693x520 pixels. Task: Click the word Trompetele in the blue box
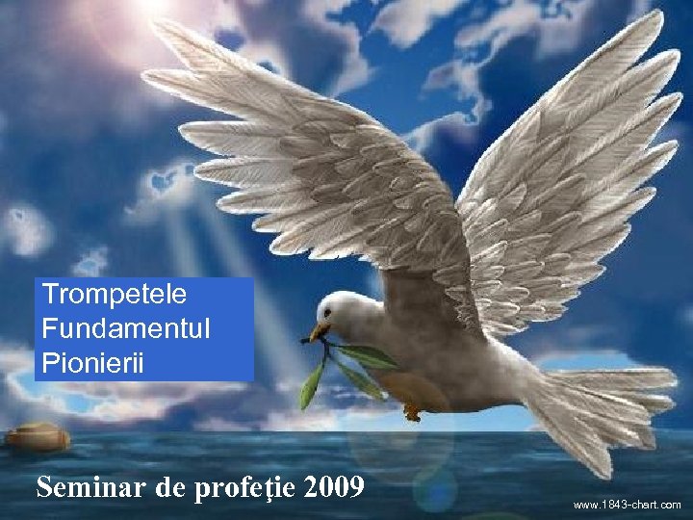pos(115,294)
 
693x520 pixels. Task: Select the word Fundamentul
pos(125,328)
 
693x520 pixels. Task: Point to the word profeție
pos(245,488)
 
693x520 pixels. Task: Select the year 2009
pos(333,487)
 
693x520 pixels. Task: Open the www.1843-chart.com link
pos(627,505)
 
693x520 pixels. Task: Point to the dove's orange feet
pos(413,412)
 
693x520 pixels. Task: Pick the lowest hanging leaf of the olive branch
pos(311,395)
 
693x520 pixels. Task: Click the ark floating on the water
pos(38,437)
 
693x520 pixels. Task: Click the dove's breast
pos(404,356)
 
